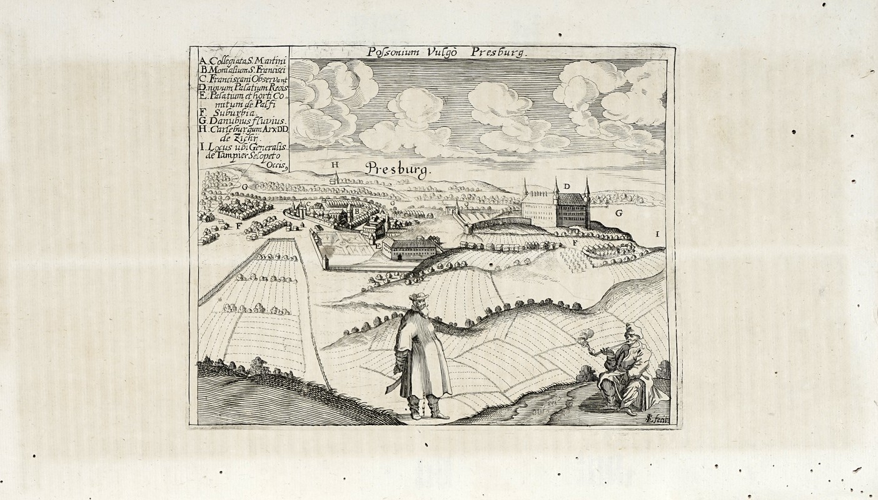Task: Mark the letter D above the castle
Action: point(566,186)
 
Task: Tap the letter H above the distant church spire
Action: point(335,165)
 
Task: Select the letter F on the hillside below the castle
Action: point(573,241)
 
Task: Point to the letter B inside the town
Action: point(357,211)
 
